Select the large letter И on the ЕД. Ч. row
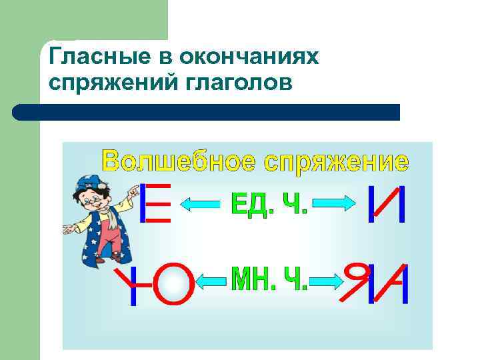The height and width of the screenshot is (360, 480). click(x=387, y=203)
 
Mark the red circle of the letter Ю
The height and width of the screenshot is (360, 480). click(x=175, y=284)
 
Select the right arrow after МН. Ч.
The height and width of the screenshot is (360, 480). click(x=327, y=282)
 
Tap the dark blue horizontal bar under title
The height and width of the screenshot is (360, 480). click(x=207, y=112)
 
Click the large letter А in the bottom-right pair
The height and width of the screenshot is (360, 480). click(x=393, y=284)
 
